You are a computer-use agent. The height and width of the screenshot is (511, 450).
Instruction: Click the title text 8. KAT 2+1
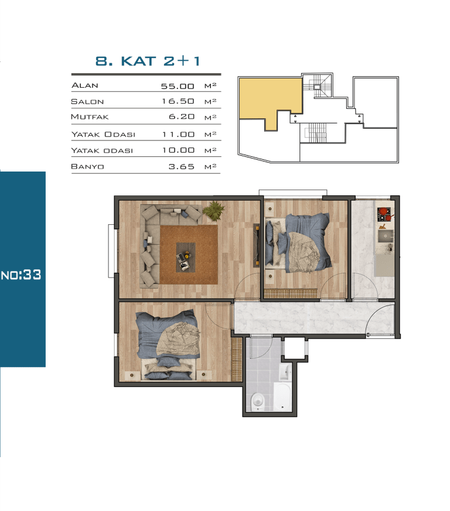[x=148, y=61]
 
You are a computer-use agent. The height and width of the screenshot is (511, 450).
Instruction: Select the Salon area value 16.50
[x=178, y=101]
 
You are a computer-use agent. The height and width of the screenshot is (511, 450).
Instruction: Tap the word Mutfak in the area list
[x=90, y=117]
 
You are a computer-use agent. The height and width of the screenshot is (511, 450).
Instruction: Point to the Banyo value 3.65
[x=182, y=167]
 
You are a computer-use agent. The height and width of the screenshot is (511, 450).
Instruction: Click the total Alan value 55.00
[x=178, y=86]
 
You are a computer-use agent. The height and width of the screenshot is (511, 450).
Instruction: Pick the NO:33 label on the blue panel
[x=21, y=275]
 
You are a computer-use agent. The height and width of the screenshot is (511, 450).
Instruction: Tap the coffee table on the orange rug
[x=186, y=257]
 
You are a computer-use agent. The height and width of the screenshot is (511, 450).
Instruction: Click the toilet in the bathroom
[x=258, y=402]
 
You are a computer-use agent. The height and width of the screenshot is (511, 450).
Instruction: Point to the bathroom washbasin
[x=285, y=372]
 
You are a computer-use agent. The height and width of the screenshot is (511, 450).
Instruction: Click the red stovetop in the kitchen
[x=385, y=214]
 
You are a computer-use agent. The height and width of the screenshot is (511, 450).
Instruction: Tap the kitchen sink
[x=386, y=236]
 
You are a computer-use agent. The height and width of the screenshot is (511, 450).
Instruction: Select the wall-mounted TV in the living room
[x=257, y=246]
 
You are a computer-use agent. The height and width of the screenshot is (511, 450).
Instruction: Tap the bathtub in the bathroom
[x=282, y=397]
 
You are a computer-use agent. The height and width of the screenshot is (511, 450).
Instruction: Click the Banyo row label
[x=87, y=167]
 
